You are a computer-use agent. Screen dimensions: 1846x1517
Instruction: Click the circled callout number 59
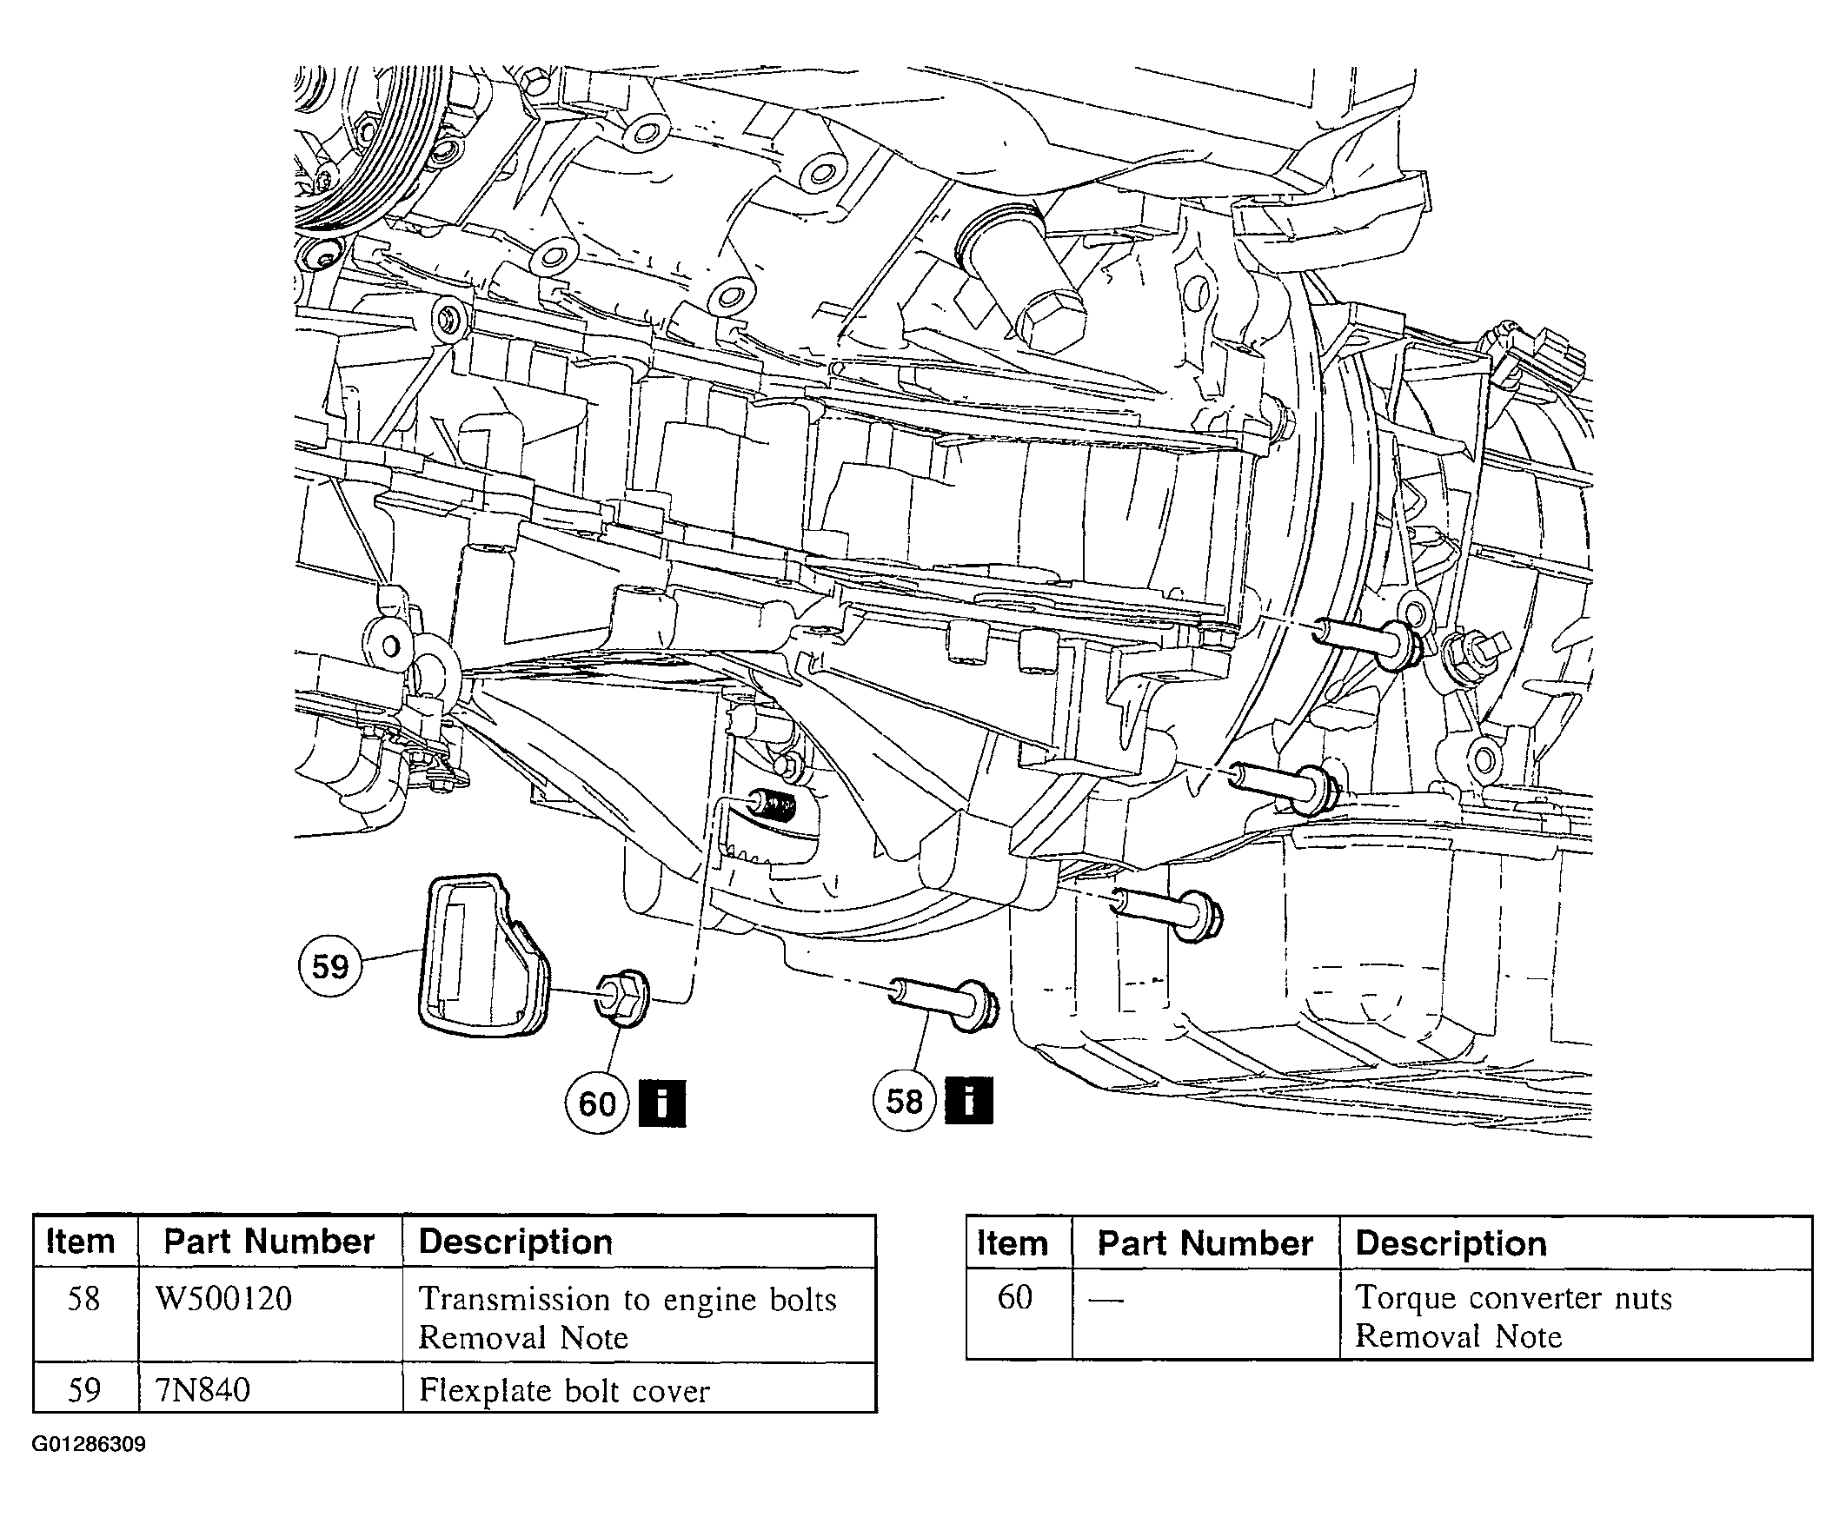(329, 966)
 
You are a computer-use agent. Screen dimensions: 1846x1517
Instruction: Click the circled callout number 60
(597, 1103)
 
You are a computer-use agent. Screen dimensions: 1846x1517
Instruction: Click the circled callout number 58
(905, 1101)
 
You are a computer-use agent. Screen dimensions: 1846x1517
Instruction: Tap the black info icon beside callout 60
(662, 1103)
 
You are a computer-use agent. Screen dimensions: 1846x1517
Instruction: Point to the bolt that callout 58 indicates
(942, 1002)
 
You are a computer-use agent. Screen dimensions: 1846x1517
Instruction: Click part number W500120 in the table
(223, 1299)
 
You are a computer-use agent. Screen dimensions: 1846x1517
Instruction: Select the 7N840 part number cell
(203, 1389)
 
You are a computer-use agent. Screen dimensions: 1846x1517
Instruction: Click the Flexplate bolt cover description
(564, 1390)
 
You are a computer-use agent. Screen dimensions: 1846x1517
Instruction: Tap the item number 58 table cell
(84, 1299)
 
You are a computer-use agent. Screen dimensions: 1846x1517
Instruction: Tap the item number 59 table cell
(84, 1389)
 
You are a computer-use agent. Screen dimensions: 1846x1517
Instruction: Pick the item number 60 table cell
(1015, 1297)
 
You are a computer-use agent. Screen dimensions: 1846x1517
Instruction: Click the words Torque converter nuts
(1513, 1298)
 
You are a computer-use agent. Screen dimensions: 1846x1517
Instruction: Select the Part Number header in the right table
(1205, 1243)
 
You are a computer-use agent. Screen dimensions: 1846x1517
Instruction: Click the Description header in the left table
(515, 1242)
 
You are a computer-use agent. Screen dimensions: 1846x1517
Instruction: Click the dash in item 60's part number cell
(1106, 1300)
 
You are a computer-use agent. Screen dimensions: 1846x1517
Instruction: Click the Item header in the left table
(81, 1242)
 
